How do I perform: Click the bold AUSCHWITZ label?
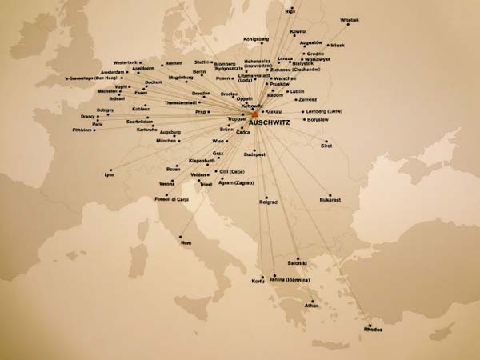coord(270,122)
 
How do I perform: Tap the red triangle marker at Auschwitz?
coord(255,114)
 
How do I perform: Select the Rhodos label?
coord(373,328)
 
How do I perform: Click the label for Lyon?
coord(110,174)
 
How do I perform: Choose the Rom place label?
coord(186,242)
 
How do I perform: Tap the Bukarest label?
coord(330,199)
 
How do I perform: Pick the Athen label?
coord(311,306)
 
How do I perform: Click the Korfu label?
coord(258,281)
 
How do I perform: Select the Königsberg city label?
coord(255,39)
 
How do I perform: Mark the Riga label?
coord(291,10)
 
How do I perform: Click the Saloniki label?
coord(298,262)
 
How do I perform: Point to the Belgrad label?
coord(268,202)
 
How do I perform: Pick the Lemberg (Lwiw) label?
coord(323,110)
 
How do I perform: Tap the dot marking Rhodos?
coord(368,322)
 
